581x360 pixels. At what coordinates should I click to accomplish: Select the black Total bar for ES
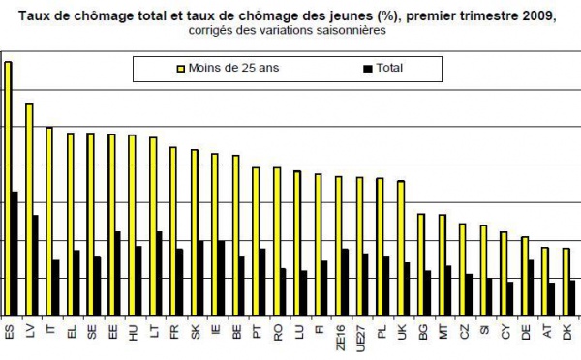[x=15, y=253]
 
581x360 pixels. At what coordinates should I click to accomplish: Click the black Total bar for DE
[x=531, y=287]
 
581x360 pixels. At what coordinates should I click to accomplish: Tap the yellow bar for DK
[x=566, y=281]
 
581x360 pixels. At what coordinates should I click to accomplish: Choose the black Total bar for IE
[x=222, y=278]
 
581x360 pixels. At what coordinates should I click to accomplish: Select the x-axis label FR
[x=174, y=334]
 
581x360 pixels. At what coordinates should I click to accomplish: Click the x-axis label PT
[x=257, y=334]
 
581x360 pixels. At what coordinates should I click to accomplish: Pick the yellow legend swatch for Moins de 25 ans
[x=180, y=69]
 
